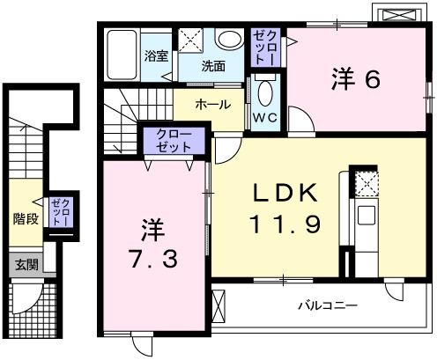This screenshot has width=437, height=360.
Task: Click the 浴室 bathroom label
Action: coord(156,55)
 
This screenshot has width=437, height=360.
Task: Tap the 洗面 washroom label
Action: coord(211,66)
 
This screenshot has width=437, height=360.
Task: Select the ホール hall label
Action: coord(212,104)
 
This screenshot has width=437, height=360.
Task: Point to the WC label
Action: coord(266,117)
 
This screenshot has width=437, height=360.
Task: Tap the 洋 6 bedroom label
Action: coord(355,78)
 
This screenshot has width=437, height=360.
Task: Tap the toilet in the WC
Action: coord(265,91)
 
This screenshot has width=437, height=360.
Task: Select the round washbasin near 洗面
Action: coord(229,39)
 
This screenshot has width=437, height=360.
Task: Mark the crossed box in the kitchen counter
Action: coord(364,182)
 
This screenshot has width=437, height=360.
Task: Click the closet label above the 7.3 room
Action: coord(174,138)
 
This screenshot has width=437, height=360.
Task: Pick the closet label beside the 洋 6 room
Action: coord(265,46)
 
